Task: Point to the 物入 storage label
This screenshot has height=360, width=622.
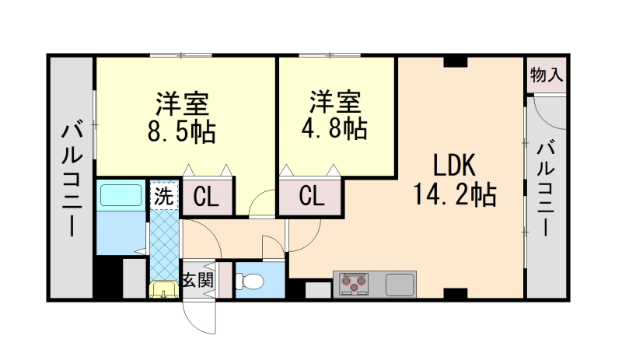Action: [x=546, y=75]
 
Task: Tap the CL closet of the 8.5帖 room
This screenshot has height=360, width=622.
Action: [x=206, y=197]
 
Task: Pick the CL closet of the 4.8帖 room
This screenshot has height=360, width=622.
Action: [x=310, y=197]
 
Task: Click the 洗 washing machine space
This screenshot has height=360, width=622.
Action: [x=162, y=195]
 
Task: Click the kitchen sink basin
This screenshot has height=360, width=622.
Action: [x=400, y=284]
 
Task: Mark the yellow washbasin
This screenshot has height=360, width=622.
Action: [x=162, y=290]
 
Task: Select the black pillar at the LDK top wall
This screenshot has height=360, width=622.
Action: [x=455, y=61]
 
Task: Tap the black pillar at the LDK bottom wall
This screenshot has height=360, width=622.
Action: [x=454, y=294]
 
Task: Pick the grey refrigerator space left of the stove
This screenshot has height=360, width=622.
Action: [x=316, y=290]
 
